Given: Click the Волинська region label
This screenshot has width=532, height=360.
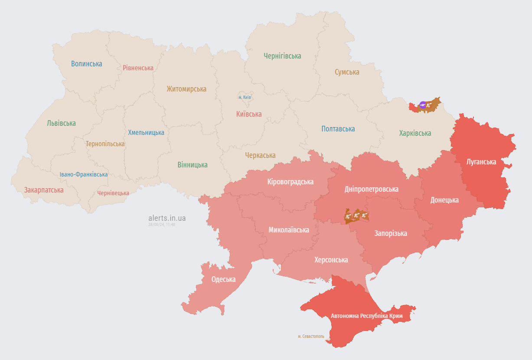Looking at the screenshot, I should coord(87,64).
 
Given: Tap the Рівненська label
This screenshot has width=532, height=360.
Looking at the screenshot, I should coord(138,68).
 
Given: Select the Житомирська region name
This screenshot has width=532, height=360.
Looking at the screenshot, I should coord(186,89).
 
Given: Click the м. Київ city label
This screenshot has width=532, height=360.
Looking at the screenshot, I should coord(245,97).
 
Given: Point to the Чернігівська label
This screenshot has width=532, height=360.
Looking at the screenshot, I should coord(282,56).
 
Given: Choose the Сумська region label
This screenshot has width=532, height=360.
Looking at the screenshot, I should coord(347,72).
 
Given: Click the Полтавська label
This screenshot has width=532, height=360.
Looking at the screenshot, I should coord(338,129).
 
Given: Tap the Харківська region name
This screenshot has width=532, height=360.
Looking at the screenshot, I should coord(415,133).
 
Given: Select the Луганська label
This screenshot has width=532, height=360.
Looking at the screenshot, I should coord(481,162).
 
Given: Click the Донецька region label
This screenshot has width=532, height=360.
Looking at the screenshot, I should coord(444,200).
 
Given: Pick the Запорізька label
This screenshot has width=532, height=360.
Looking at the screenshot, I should coord(391,233).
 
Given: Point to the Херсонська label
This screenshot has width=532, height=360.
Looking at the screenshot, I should coord(331,260).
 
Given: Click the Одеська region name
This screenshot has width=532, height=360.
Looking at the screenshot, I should coord(223,279).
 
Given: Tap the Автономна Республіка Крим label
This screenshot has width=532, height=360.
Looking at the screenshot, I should coord(366,316).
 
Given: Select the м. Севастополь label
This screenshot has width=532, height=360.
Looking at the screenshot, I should coord(311,336).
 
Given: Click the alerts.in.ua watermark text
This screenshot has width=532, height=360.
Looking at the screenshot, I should coord(167,218).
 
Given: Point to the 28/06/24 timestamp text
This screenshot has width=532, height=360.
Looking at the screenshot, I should coord(162,225).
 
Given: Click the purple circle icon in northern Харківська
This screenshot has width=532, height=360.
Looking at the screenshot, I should coord(423,105).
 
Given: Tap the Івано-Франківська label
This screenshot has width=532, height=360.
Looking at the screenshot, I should coord(84,174).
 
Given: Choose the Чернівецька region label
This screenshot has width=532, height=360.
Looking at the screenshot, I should coord(113,193).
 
